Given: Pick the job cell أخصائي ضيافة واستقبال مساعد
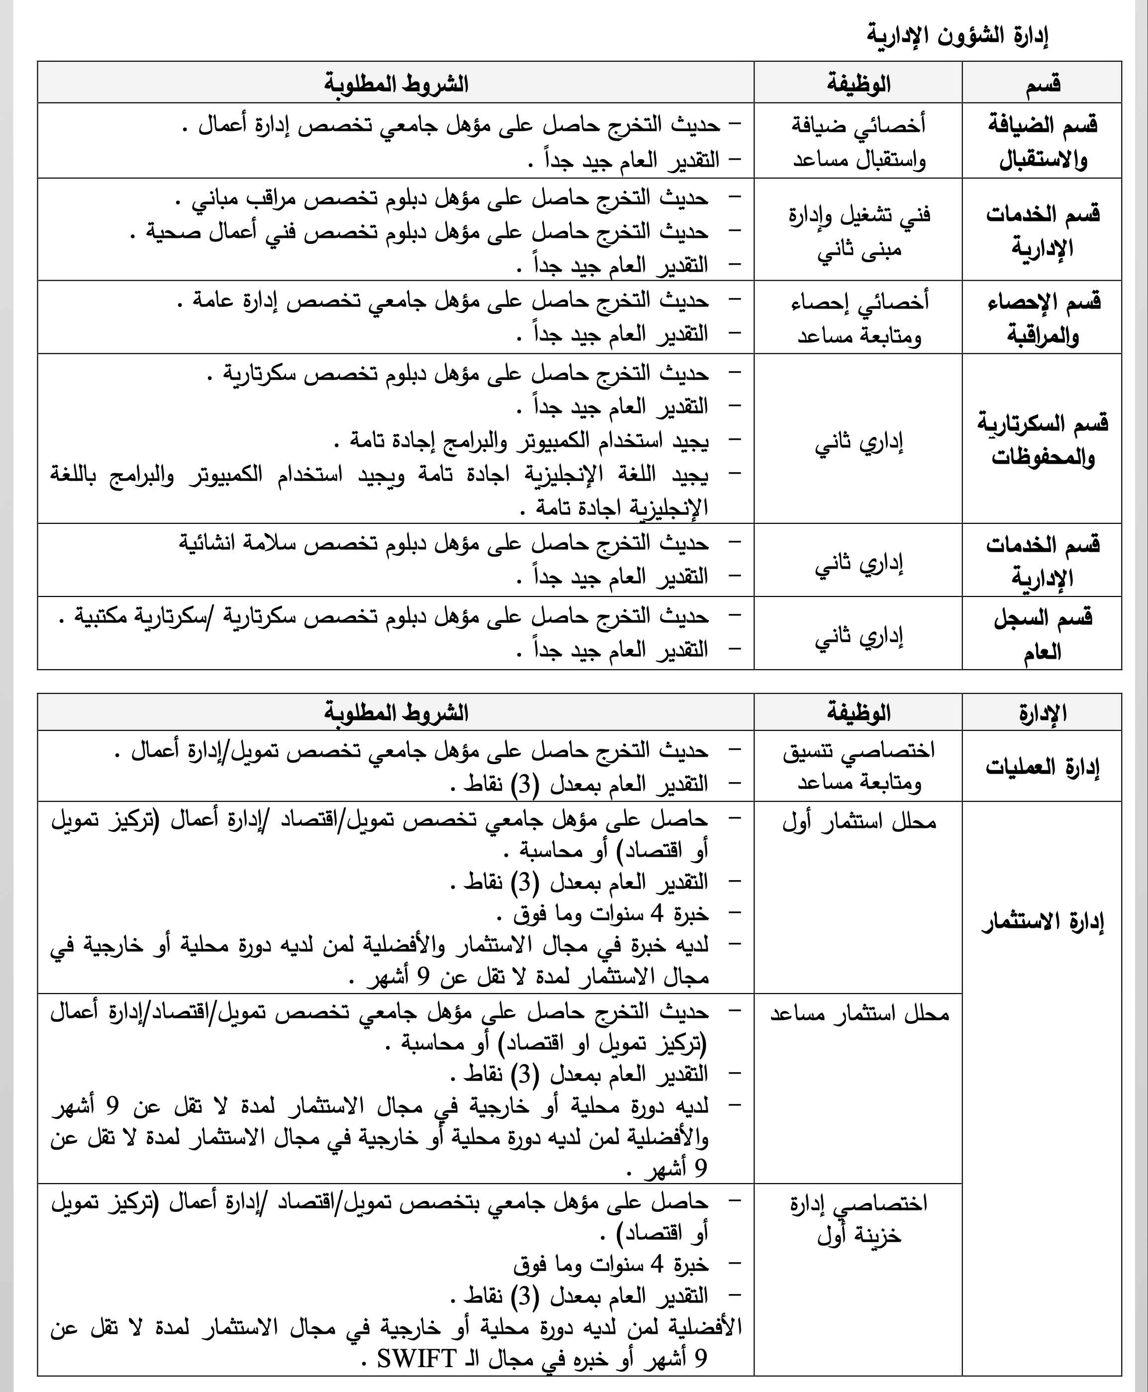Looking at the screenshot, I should point(859,141).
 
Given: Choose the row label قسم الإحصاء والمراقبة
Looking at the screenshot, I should point(1044,318).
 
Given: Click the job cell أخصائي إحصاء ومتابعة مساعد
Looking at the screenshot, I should point(859,318).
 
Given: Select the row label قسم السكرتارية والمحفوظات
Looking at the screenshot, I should point(1043,439).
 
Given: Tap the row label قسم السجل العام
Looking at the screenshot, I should point(1043,633).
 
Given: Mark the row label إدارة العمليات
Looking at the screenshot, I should point(1043,768).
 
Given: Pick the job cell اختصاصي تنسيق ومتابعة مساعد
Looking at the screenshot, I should point(859,767).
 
